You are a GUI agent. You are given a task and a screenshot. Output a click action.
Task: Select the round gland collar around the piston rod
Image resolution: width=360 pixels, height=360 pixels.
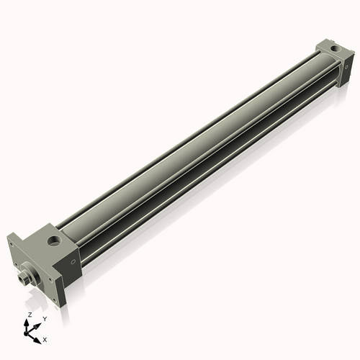(32, 272)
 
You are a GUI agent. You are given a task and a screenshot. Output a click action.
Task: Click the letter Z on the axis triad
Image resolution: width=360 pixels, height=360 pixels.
(29, 315)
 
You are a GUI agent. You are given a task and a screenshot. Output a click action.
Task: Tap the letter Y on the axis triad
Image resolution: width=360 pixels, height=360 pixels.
(45, 318)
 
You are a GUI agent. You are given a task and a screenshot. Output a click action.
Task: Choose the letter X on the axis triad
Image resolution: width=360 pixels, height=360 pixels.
(45, 338)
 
